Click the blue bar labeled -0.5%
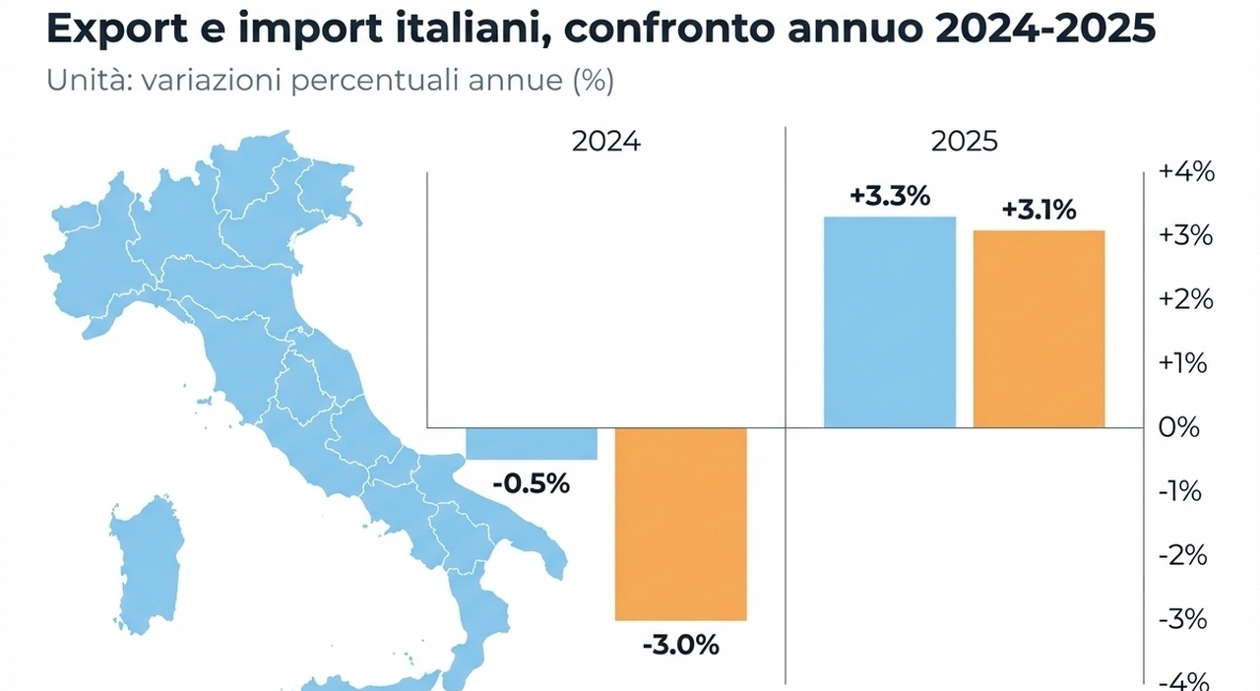[532, 443]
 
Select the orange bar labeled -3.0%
[681, 524]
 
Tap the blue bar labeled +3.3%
[890, 322]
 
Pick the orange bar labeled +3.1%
[1039, 329]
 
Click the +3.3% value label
[890, 197]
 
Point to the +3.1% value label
[1039, 211]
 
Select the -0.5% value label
[532, 484]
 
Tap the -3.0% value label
[681, 646]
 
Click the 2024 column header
[605, 143]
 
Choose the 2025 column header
[964, 143]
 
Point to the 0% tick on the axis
[1180, 428]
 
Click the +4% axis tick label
[1186, 172]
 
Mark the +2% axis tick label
[1186, 299]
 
